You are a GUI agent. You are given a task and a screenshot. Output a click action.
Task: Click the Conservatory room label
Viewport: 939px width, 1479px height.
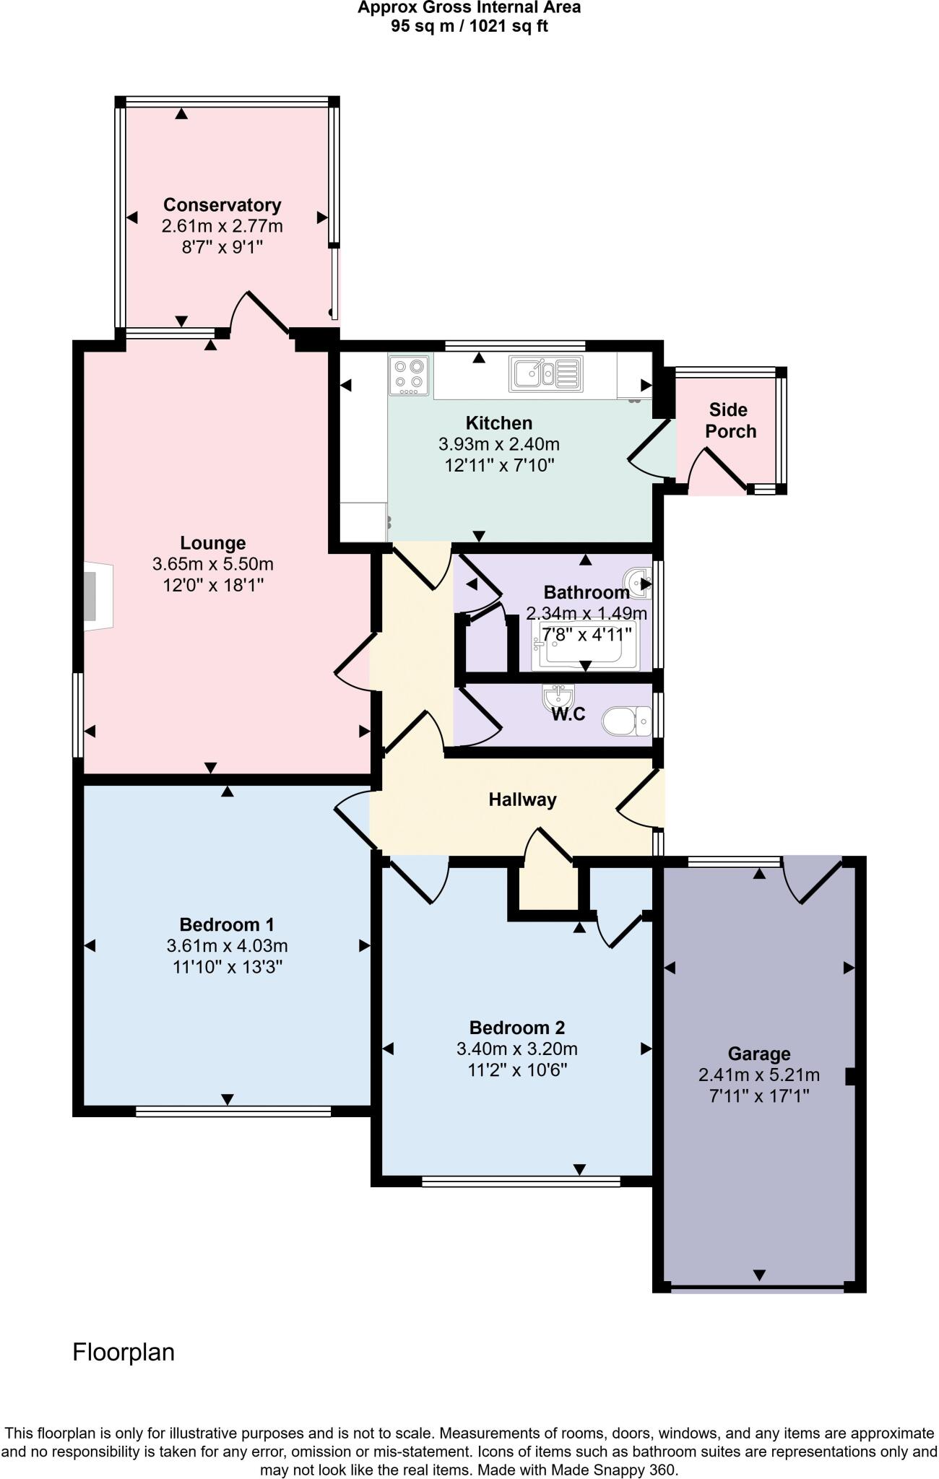[222, 205]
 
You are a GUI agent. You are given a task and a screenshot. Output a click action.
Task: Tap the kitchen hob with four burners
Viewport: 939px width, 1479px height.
[409, 375]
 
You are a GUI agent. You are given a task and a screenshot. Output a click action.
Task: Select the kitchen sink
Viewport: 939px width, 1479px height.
[545, 373]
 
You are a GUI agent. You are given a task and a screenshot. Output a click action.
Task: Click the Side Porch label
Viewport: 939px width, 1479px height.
[730, 420]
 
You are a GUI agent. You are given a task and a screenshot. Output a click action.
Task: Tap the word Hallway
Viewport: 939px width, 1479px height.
[522, 799]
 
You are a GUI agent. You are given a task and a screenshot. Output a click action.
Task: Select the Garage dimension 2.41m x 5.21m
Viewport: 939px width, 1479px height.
[758, 1075]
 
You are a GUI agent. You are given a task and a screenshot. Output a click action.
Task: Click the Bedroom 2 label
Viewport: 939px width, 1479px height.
[516, 1028]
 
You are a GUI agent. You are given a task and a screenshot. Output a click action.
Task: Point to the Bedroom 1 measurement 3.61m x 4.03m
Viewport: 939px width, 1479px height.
[227, 945]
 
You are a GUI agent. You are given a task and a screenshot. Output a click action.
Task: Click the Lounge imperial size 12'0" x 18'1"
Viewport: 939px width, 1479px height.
[213, 584]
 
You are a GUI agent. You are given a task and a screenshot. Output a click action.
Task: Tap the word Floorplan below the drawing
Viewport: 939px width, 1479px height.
[124, 1352]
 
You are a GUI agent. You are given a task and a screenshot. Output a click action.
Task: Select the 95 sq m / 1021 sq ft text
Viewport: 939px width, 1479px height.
[469, 27]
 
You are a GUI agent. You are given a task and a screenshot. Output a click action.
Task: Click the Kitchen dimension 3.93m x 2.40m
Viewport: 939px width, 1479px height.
[498, 444]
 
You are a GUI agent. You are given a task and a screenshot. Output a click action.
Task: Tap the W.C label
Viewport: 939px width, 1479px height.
[568, 714]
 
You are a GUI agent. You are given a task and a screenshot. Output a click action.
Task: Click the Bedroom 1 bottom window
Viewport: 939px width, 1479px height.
[233, 1111]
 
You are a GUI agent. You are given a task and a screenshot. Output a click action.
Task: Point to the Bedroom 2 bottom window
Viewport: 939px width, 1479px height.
[521, 1181]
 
